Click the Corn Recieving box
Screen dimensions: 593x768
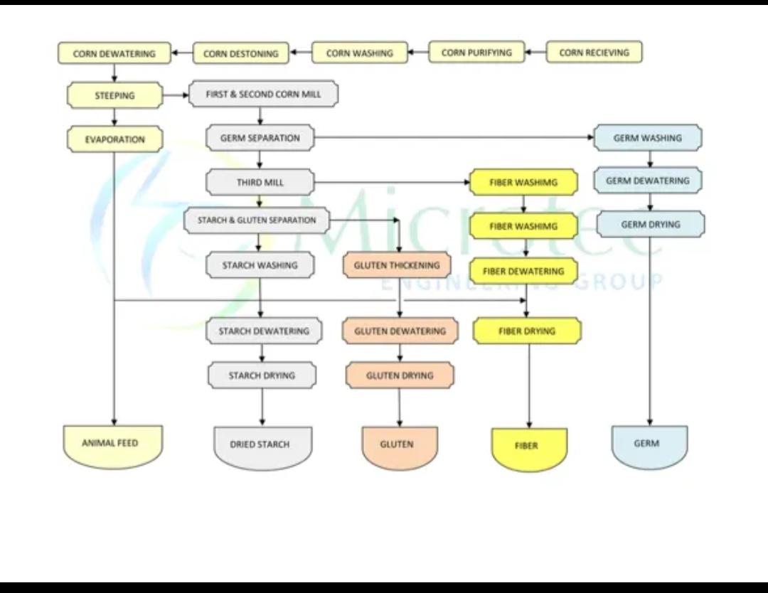(x=594, y=53)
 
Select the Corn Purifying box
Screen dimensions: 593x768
(x=476, y=53)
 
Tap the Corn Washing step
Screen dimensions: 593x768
(x=359, y=53)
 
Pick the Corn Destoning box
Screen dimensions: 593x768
(x=241, y=53)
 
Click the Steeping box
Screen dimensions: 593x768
(x=114, y=95)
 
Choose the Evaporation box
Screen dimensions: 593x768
(x=114, y=139)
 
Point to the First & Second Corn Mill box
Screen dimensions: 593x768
(x=263, y=94)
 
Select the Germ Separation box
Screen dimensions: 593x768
(x=260, y=138)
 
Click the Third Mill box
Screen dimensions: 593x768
(x=260, y=183)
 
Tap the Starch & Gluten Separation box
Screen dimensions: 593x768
(x=257, y=220)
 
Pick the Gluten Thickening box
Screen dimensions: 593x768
(x=397, y=265)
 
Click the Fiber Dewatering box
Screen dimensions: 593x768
(x=523, y=271)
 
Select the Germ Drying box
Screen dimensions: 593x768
(x=651, y=225)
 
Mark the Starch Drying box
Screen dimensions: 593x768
(x=262, y=375)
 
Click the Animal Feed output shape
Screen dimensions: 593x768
(x=110, y=446)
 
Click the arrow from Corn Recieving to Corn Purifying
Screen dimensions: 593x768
(x=535, y=53)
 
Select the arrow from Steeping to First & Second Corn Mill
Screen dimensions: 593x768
(x=176, y=95)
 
